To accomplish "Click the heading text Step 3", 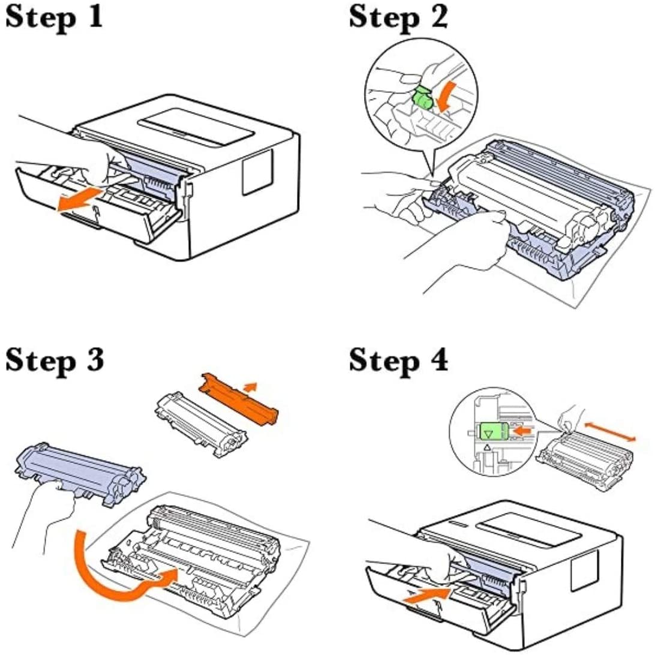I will tap(55, 360).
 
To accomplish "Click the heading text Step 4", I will tap(398, 360).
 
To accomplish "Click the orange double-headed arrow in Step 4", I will tap(609, 431).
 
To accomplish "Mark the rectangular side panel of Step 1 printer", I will tap(257, 171).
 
